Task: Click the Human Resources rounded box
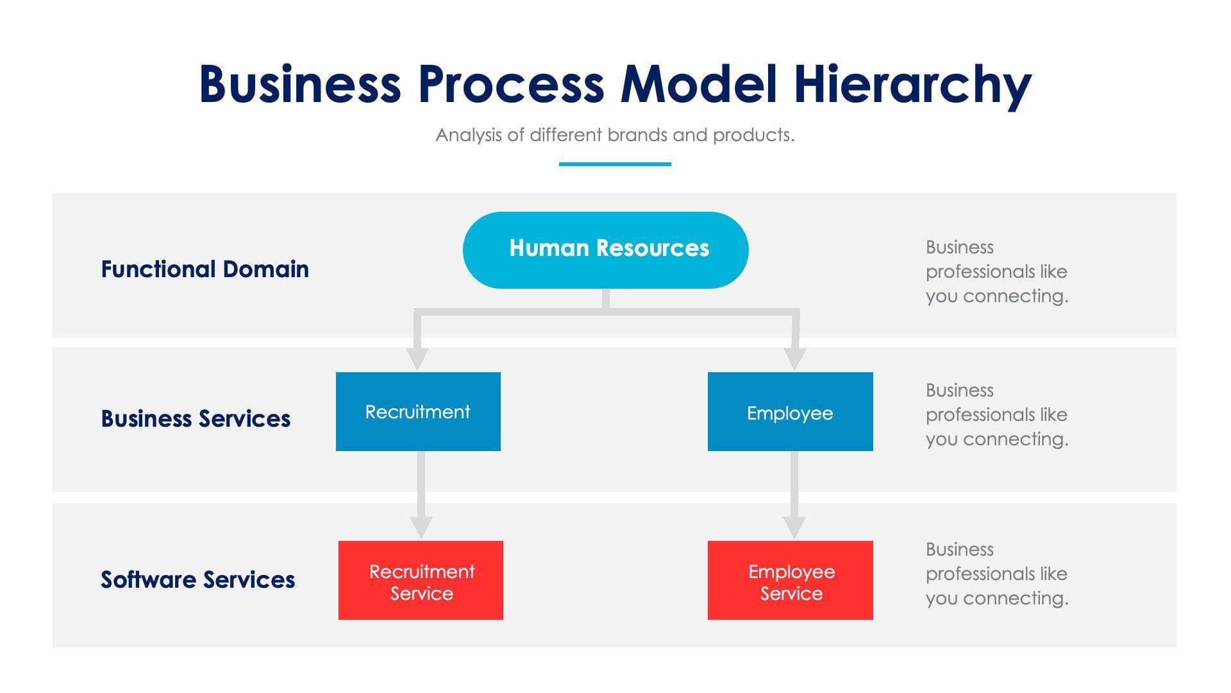point(605,250)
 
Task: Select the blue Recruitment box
point(418,411)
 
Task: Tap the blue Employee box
point(790,412)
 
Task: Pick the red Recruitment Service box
point(421,581)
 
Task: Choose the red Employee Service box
point(790,581)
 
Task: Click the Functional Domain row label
point(205,269)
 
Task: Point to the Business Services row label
point(196,418)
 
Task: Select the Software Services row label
point(197,579)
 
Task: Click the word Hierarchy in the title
point(912,85)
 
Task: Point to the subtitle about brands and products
point(615,135)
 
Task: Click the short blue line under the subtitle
point(615,164)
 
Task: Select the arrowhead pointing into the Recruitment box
point(417,359)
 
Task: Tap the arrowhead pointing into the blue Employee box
point(795,359)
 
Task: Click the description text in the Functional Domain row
point(996,271)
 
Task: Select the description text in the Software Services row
point(996,574)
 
